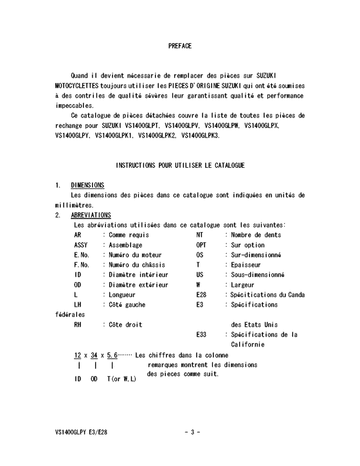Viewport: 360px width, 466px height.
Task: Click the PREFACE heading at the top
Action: coord(179,46)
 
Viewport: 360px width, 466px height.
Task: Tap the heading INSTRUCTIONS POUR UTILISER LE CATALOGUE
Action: coord(180,165)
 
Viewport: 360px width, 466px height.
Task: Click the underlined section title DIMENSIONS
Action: coord(87,185)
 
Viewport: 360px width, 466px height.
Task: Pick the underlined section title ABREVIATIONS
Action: coord(91,215)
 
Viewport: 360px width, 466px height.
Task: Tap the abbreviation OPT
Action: coord(201,245)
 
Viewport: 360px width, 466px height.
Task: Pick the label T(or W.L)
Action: coord(122,379)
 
